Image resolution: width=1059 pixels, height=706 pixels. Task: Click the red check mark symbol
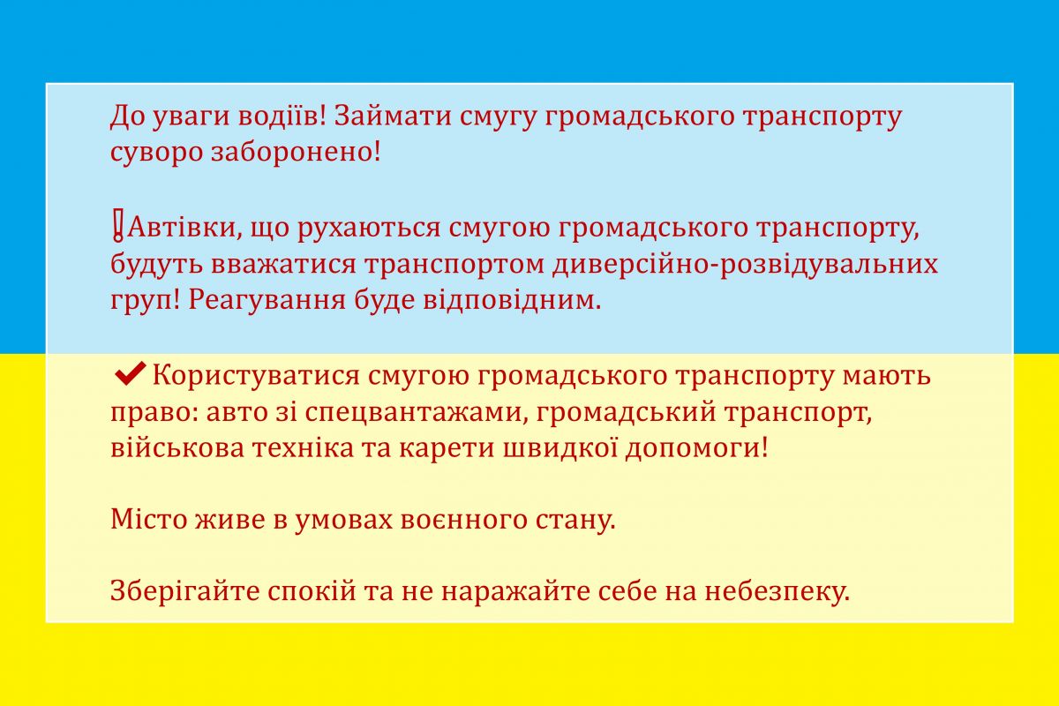(x=130, y=373)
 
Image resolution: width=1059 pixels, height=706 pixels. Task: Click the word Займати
(x=393, y=116)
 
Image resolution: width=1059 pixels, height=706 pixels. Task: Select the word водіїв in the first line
(x=282, y=116)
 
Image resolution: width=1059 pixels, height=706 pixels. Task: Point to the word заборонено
(x=296, y=153)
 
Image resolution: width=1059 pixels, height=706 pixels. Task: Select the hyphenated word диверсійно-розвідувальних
(x=745, y=264)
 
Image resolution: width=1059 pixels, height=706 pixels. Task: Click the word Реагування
(x=267, y=301)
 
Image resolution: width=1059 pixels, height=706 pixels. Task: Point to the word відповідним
(x=512, y=301)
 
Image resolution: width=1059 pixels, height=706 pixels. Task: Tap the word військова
(x=177, y=447)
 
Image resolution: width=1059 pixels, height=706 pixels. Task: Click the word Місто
(x=149, y=519)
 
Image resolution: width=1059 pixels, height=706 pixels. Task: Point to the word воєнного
(x=463, y=521)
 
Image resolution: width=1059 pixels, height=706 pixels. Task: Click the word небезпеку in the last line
(x=777, y=593)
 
